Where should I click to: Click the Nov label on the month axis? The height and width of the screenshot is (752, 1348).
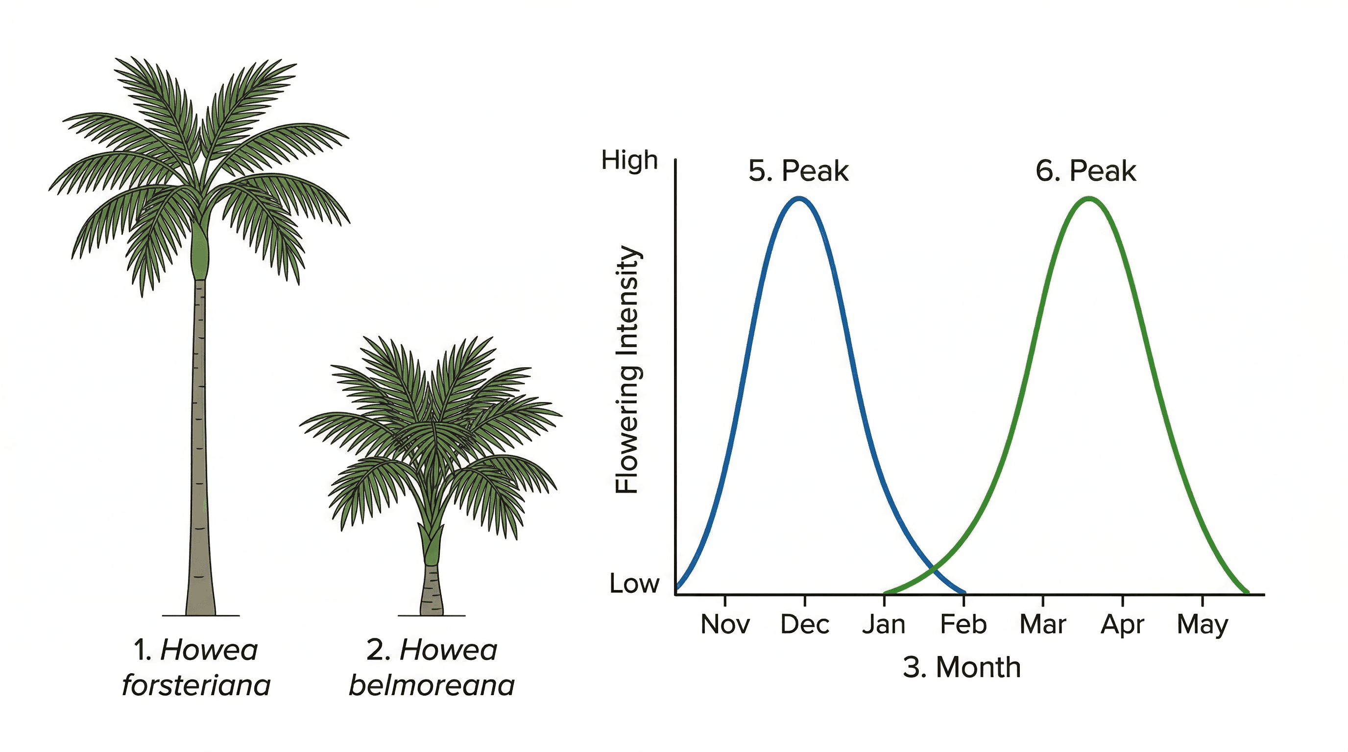coord(725,624)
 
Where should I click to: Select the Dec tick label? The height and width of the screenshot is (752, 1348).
coord(805,624)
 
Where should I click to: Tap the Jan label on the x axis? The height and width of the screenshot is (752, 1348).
coord(884,624)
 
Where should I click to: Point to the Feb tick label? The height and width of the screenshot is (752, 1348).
coord(963,624)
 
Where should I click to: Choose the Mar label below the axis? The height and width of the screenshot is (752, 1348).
coord(1043,624)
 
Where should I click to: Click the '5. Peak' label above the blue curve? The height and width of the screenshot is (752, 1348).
coord(798,171)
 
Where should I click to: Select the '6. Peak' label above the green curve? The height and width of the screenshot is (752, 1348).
coord(1086,171)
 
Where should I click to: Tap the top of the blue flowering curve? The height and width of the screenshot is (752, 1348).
coord(799,198)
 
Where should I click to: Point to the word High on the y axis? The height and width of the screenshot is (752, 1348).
coord(629,160)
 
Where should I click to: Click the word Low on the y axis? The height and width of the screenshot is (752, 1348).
coord(634,584)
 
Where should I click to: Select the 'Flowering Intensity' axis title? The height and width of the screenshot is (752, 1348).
coord(627,369)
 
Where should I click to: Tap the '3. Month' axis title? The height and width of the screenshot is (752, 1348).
coord(962,668)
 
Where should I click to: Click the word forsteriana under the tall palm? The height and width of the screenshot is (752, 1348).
coord(196,685)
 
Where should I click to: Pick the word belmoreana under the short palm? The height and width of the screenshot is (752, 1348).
coord(432,685)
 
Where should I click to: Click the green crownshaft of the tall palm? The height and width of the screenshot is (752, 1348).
coord(200,256)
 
